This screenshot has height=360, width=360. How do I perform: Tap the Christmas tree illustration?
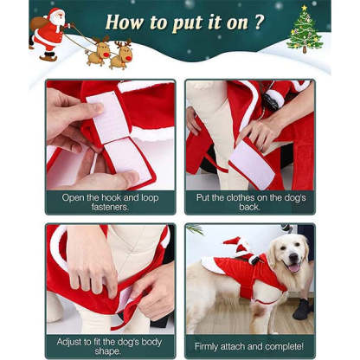click(305, 32)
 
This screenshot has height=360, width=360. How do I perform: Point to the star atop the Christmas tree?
click(305, 10)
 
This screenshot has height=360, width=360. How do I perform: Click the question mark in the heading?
click(258, 22)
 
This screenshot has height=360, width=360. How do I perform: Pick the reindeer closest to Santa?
click(98, 52)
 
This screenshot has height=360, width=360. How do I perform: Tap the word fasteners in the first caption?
click(109, 208)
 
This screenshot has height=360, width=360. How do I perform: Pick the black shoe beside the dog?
click(304, 309)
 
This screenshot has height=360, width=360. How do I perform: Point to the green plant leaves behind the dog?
click(195, 230)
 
